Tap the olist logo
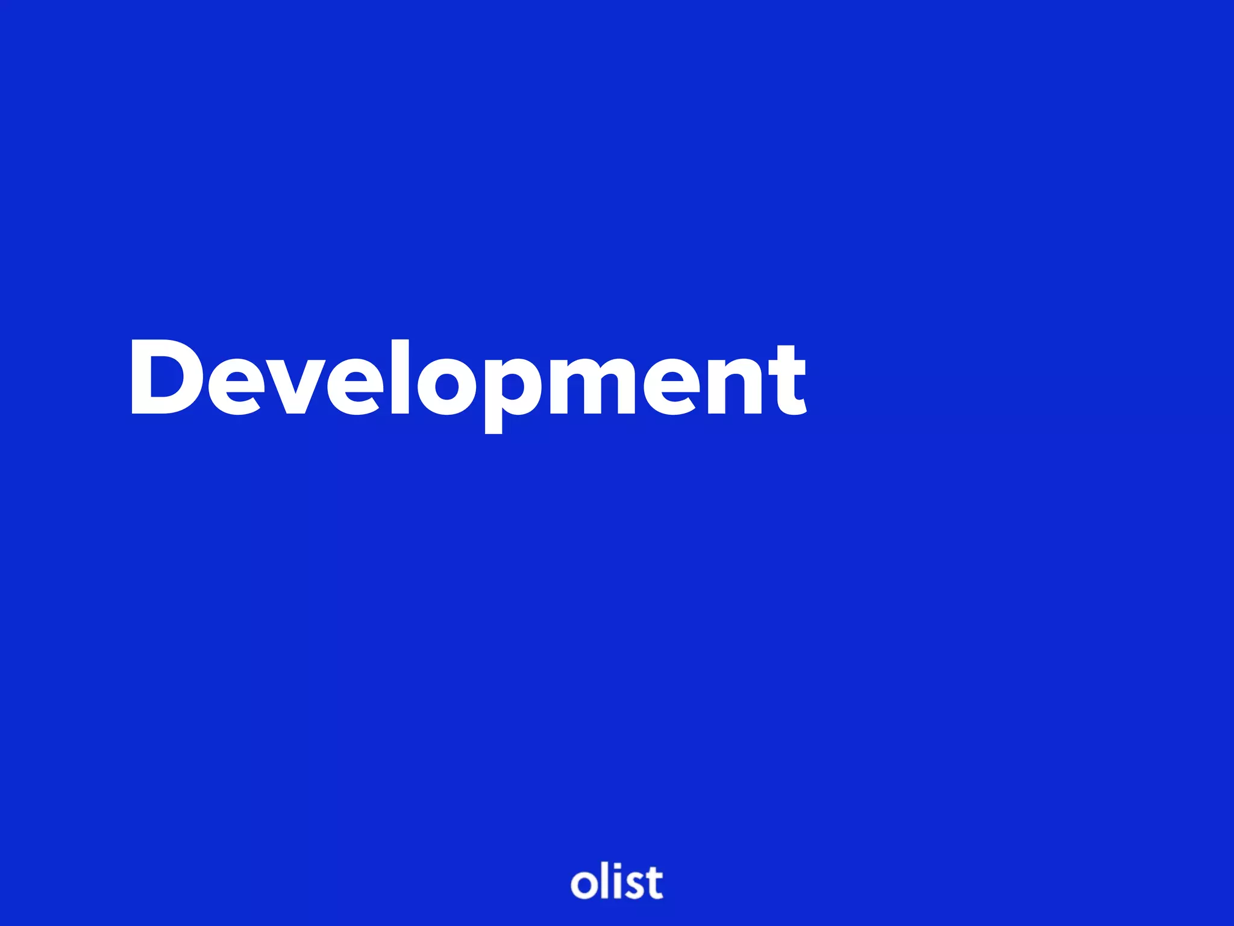616,883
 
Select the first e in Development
235,386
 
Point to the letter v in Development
295,386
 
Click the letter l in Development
400,378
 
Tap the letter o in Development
446,386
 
